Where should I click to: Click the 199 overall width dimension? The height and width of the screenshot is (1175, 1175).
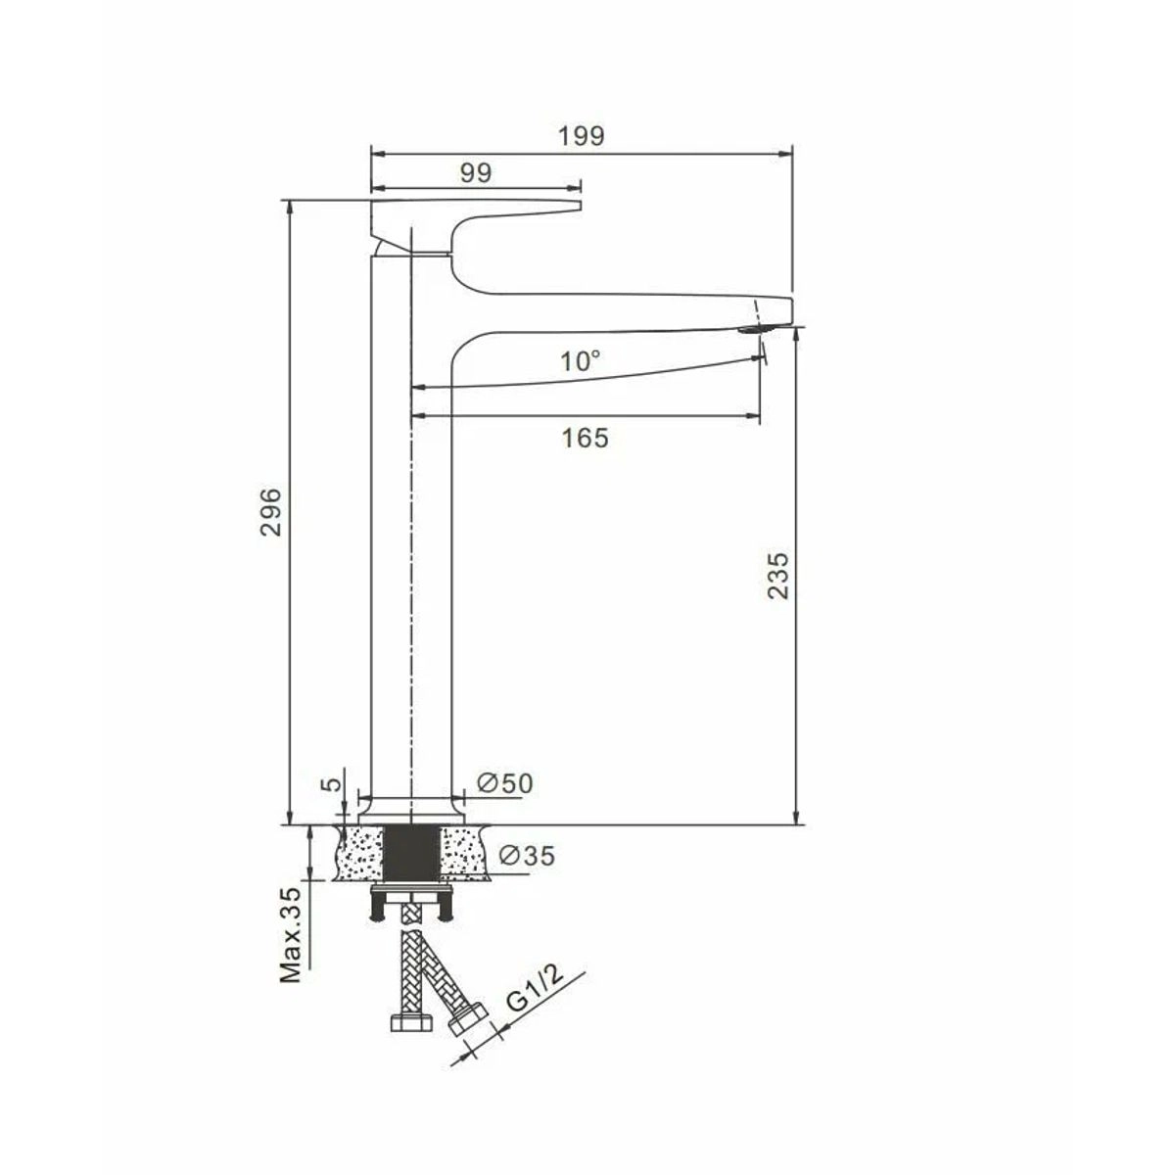point(581,136)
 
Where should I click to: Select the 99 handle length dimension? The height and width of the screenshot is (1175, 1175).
point(476,173)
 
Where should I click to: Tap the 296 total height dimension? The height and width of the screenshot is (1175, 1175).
point(270,511)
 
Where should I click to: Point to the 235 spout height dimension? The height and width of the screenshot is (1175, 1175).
point(777,576)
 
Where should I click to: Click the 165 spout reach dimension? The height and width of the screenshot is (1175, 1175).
point(585,438)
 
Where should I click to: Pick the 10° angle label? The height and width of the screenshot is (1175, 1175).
point(581,361)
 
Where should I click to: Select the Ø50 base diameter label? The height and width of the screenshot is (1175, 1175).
point(505,783)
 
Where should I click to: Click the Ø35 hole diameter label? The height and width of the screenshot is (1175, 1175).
point(527,856)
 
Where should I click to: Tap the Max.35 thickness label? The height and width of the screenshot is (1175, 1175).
point(292,943)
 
